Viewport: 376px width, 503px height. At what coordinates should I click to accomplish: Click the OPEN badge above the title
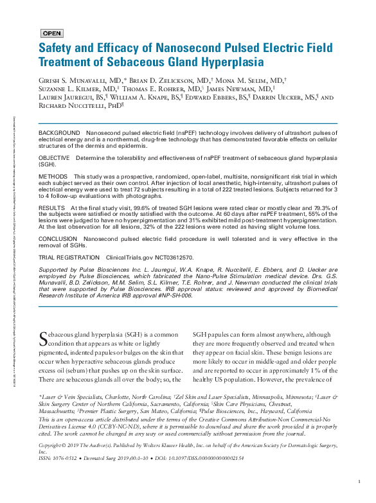52,33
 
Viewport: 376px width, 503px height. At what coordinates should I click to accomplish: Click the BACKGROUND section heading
60,132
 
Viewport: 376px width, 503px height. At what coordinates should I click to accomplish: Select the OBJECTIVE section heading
55,157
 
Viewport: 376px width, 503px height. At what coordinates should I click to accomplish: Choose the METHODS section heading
53,176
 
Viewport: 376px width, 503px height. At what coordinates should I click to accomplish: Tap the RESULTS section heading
52,209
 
